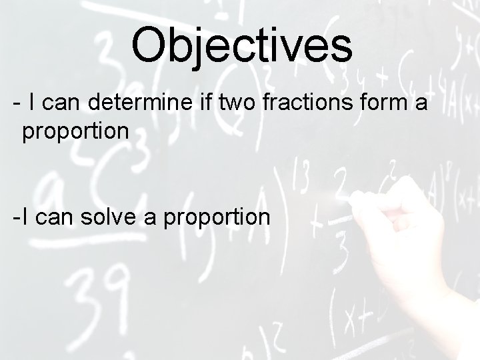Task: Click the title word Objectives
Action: [241, 45]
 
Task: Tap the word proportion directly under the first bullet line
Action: [75, 131]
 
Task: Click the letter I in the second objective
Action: [24, 217]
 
